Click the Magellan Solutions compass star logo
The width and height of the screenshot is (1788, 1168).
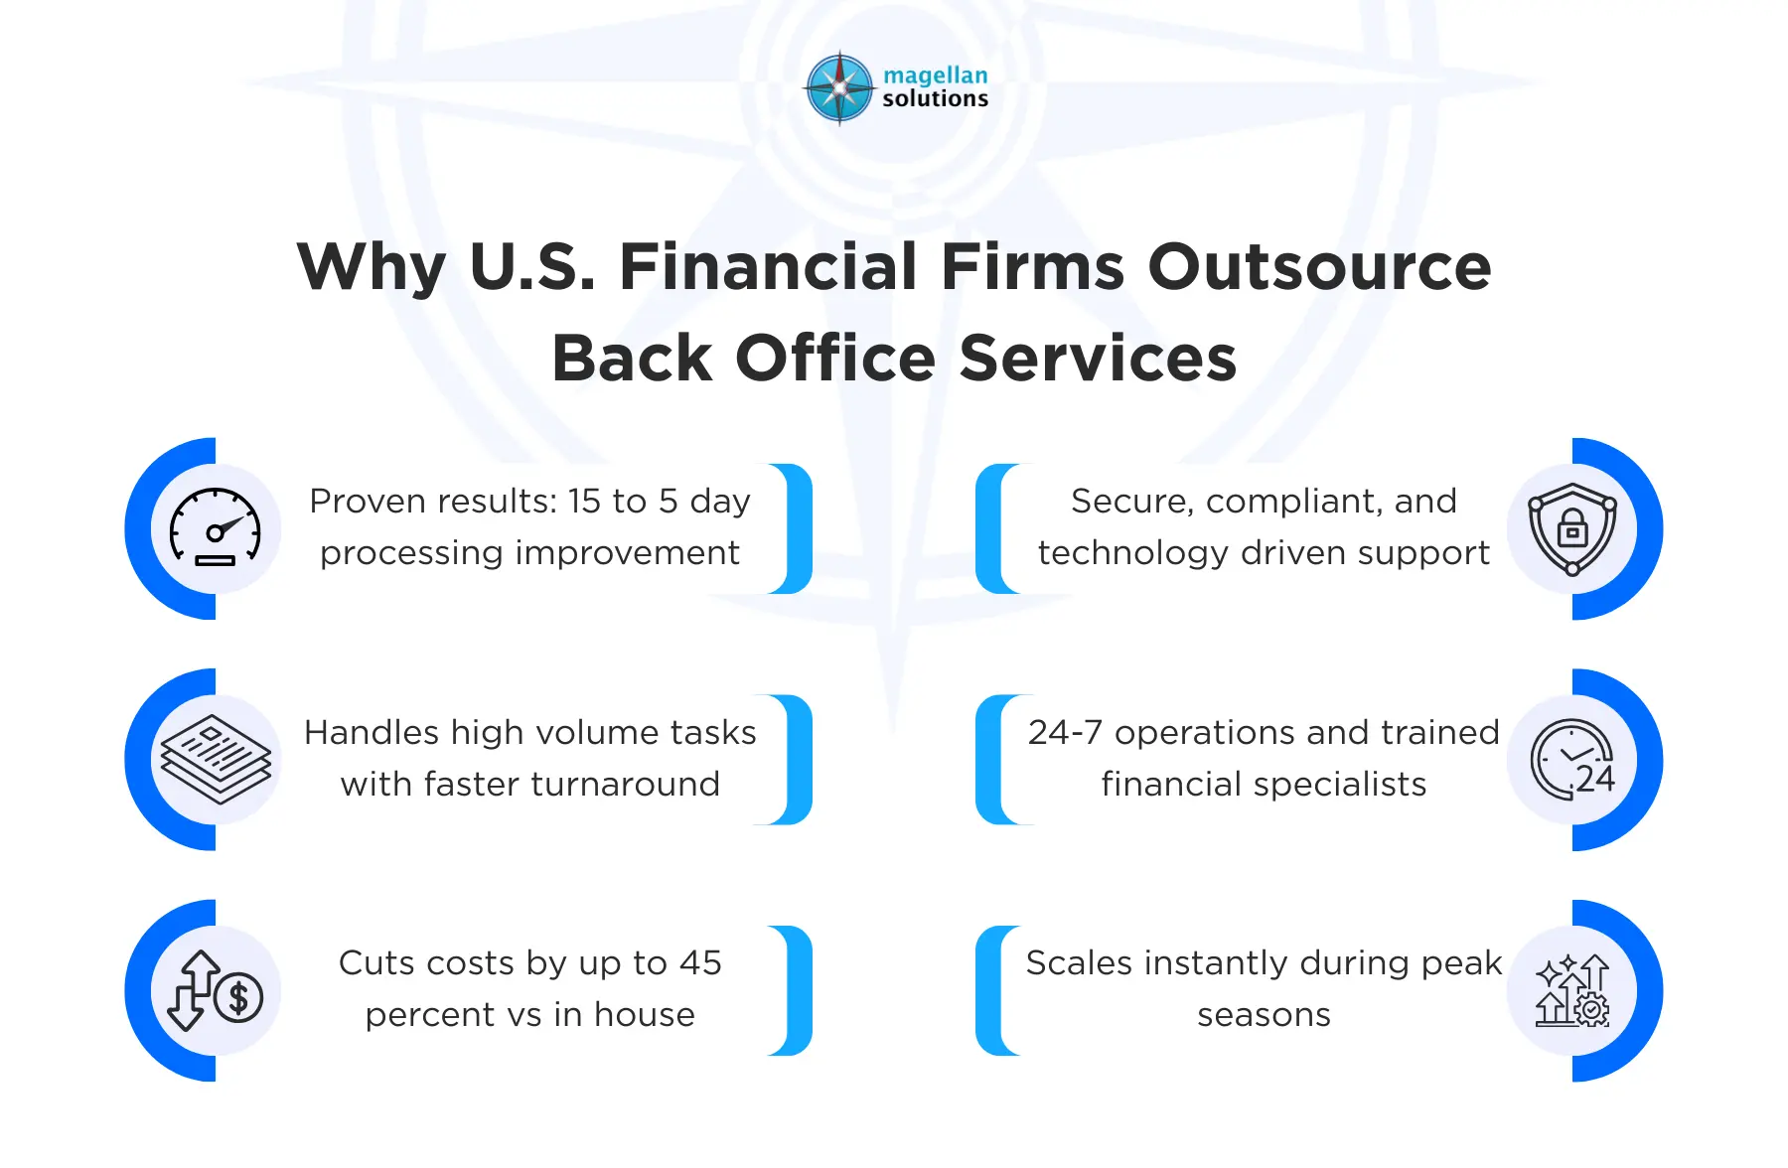pos(840,88)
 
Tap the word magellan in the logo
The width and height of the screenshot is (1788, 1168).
pos(935,75)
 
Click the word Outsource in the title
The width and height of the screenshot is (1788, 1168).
pos(1319,267)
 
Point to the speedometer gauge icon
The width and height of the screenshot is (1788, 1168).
pos(216,527)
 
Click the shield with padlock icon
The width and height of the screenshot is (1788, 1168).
pos(1571,528)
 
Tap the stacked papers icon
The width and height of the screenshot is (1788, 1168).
pos(216,760)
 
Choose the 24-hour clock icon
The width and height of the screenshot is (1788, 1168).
pos(1572,760)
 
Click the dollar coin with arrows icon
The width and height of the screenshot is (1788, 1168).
pos(216,991)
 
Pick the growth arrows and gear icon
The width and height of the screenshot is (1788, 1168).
pos(1572,991)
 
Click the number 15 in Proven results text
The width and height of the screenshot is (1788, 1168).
pos(585,502)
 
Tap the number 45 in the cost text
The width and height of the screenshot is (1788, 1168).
pos(700,963)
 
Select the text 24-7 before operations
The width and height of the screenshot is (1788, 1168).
pos(1065,733)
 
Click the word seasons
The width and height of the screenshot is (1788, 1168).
pos(1264,1015)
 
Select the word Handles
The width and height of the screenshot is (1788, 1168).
pos(372,733)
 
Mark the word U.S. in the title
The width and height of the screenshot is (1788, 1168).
pos(532,267)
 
